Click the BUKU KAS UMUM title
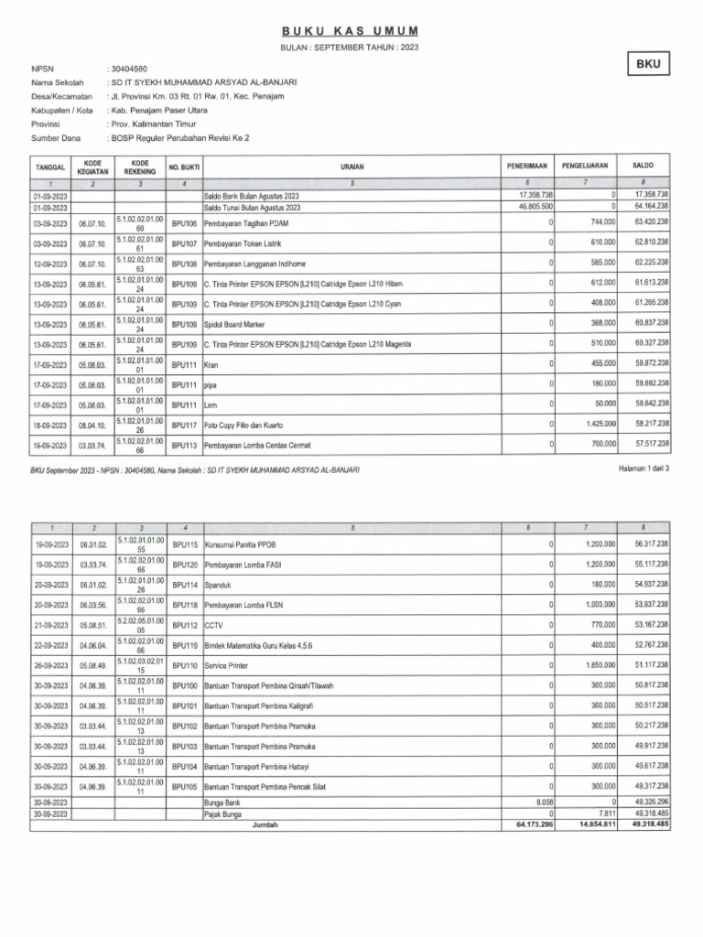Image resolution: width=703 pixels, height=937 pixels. pyautogui.click(x=351, y=31)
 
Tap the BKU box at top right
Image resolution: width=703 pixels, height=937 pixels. pyautogui.click(x=648, y=64)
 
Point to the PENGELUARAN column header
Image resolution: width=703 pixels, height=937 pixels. pyautogui.click(x=588, y=167)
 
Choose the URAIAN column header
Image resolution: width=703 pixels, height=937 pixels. pyautogui.click(x=351, y=167)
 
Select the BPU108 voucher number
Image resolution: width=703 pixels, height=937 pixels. pyautogui.click(x=185, y=263)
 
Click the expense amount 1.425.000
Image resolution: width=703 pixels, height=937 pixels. pyautogui.click(x=600, y=425)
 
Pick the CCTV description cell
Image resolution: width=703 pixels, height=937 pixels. pyautogui.click(x=213, y=625)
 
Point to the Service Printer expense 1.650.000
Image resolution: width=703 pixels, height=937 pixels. pyautogui.click(x=600, y=665)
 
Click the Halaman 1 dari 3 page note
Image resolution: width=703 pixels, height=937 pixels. pyautogui.click(x=645, y=468)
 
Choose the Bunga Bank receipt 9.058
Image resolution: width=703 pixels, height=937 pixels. pyautogui.click(x=540, y=802)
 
